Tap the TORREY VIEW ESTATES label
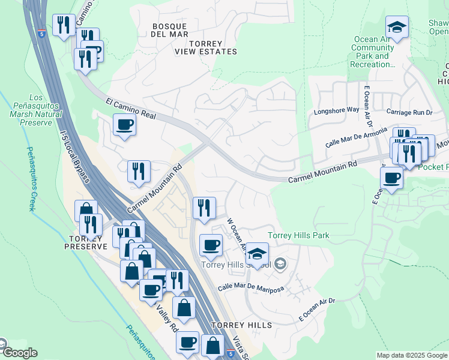pos(206,48)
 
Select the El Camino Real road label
pos(130,109)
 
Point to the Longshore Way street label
pos(336,111)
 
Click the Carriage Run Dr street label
pos(409,112)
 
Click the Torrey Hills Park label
pos(298,236)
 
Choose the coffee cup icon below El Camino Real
pos(124,125)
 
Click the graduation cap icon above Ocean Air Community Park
pos(397,27)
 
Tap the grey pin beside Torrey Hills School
pos(280,264)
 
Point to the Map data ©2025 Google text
pos(412,355)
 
